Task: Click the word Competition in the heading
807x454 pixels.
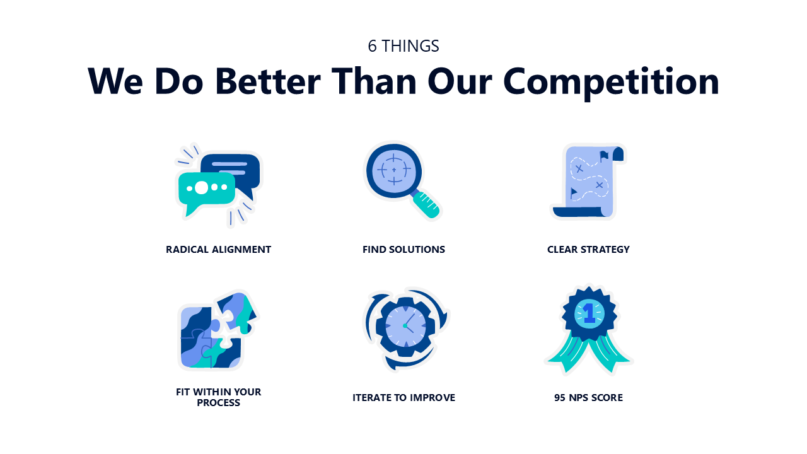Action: [x=611, y=82]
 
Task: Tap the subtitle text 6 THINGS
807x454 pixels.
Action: [x=403, y=46]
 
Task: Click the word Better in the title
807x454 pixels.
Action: [x=268, y=81]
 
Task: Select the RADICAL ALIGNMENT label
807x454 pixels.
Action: [x=218, y=249]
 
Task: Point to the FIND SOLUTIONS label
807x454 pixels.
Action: [x=403, y=249]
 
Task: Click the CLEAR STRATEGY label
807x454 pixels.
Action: [x=588, y=249]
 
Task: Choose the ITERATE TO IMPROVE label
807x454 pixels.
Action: [x=403, y=397]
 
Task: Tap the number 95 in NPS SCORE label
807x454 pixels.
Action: [x=560, y=397]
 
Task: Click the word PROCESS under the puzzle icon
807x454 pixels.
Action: [x=218, y=403]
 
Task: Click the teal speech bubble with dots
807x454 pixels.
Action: [x=206, y=191]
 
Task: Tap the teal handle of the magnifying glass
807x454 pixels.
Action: [x=426, y=205]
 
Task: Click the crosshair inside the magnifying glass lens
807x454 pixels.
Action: [x=394, y=170]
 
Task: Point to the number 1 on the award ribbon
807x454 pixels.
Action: [x=589, y=313]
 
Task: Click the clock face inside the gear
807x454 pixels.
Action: [x=405, y=325]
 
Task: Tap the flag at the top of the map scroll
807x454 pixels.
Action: [x=604, y=156]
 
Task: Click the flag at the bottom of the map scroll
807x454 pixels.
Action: [x=574, y=193]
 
